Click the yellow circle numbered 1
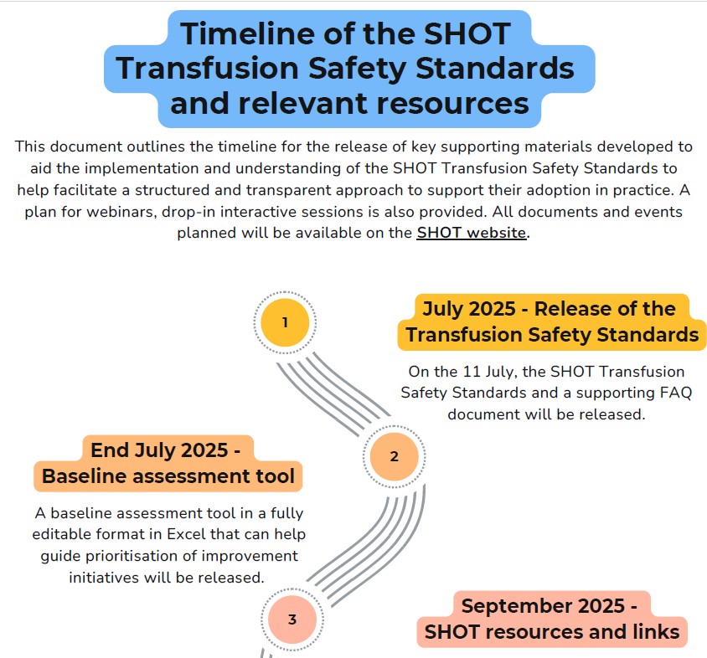pos(285,322)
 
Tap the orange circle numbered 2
pos(394,456)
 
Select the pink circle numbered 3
pos(292,619)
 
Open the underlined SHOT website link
pos(472,233)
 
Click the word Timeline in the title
pos(248,33)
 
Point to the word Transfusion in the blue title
pos(208,69)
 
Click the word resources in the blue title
pos(453,104)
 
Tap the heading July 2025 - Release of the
pos(550,309)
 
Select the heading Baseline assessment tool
pos(168,476)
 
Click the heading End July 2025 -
pos(166,450)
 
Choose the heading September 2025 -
pos(550,606)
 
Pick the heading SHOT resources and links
pos(552,632)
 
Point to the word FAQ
pos(675,393)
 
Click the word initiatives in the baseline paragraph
pos(104,578)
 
